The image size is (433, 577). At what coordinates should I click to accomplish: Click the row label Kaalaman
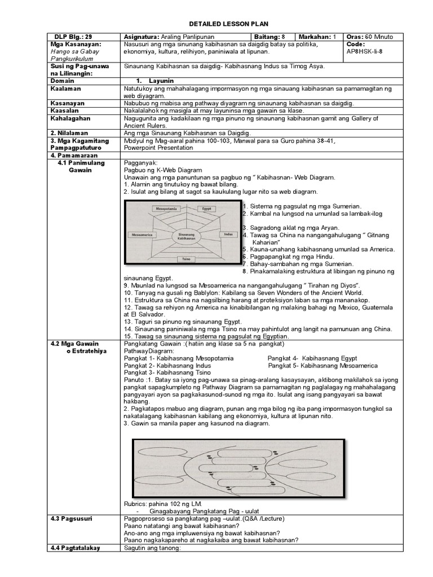pyautogui.click(x=65, y=88)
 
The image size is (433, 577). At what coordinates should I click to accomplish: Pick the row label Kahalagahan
pyautogui.click(x=70, y=118)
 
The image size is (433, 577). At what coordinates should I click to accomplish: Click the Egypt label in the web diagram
pyautogui.click(x=205, y=208)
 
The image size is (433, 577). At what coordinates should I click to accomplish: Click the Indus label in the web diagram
pyautogui.click(x=227, y=233)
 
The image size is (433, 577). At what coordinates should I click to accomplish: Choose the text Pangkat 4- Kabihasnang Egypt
pyautogui.click(x=312, y=358)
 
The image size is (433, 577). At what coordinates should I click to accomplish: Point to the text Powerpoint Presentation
pyautogui.click(x=158, y=148)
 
